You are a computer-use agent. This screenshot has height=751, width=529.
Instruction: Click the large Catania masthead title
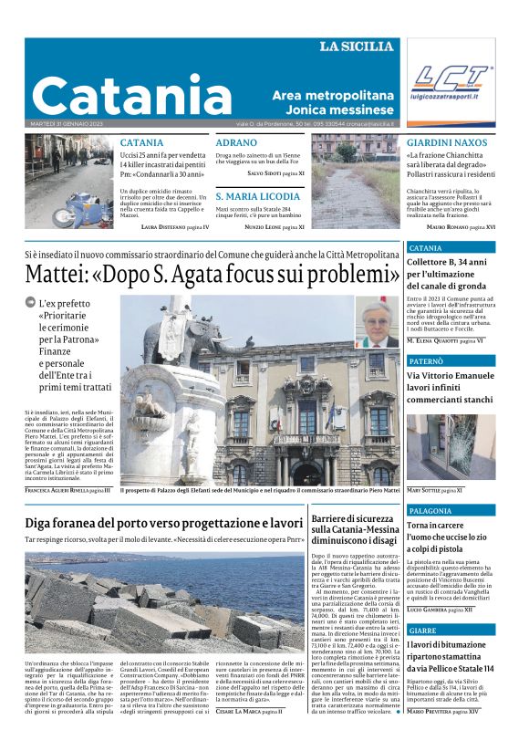pos(132,94)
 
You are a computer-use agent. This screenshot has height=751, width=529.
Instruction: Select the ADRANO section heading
pos(236,142)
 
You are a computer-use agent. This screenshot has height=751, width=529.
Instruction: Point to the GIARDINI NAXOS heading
pos(447,142)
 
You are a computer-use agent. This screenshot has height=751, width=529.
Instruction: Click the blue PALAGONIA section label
pos(430,511)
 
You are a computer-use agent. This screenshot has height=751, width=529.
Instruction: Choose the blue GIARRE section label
pos(423,631)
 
